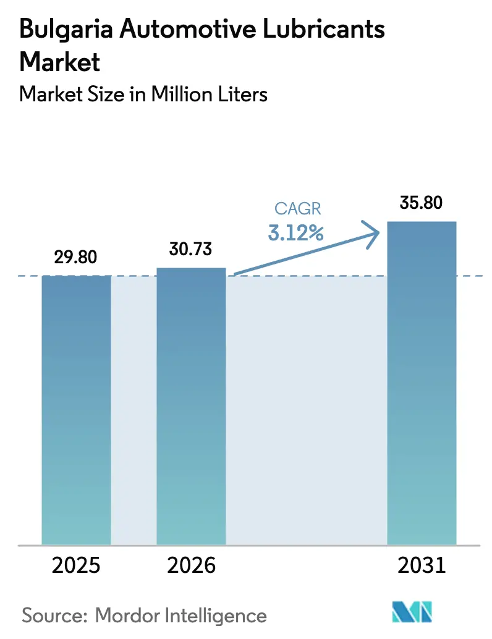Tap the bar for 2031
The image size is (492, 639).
[x=421, y=382]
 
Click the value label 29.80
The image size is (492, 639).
[x=76, y=257]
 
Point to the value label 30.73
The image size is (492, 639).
[x=191, y=249]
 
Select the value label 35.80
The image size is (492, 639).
[x=421, y=202]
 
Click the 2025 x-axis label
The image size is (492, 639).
[x=76, y=565]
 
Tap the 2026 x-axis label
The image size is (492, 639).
[x=191, y=565]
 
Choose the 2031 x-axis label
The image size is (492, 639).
[x=421, y=565]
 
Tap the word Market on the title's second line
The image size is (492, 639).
[x=60, y=62]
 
